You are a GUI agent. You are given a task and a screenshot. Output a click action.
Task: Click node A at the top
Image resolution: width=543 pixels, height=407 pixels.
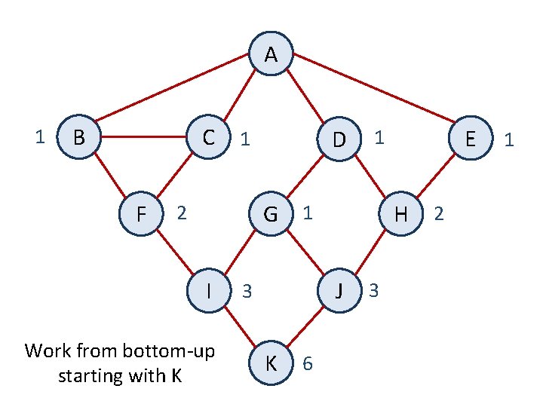(271, 55)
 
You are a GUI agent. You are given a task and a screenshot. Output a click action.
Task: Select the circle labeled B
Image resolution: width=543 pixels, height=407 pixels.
(78, 137)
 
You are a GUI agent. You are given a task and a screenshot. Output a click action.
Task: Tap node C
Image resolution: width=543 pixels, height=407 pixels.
(208, 137)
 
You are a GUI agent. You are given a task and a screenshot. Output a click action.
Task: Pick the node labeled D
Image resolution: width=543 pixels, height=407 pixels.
(339, 139)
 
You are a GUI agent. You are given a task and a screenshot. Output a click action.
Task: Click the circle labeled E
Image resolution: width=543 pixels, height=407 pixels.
(470, 139)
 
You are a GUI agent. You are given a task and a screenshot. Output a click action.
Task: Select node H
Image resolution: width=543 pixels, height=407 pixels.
(401, 214)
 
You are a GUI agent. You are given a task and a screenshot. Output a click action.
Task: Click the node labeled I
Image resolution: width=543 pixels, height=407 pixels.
(208, 289)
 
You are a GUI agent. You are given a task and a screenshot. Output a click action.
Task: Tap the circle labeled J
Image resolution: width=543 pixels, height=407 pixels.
(339, 289)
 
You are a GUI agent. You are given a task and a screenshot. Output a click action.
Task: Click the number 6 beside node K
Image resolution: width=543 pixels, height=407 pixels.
(307, 364)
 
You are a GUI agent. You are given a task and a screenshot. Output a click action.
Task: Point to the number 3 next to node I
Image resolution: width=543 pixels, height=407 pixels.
(246, 290)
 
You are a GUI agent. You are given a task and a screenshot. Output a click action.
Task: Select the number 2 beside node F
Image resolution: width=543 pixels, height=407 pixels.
(180, 213)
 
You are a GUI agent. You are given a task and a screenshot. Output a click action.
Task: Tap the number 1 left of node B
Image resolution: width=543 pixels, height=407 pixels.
(41, 136)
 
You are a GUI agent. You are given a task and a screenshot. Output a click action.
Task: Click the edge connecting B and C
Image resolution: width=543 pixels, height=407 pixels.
(143, 137)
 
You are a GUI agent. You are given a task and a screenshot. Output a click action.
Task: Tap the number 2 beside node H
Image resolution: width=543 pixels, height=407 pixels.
(440, 215)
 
